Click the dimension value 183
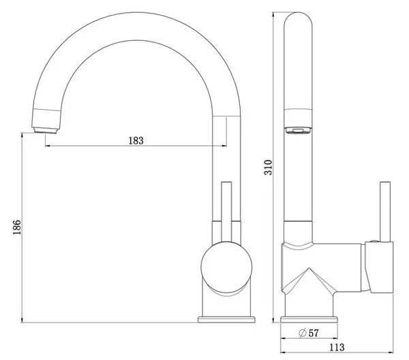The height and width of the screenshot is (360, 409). point(136,140)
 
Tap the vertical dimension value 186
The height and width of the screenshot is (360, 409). point(17,227)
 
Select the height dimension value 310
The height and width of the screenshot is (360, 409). point(268,167)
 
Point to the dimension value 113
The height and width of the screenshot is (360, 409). point(337,348)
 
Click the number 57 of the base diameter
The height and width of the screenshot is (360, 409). point(314,333)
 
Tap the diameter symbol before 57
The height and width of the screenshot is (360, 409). point(303,333)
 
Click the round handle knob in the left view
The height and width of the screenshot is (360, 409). point(226,267)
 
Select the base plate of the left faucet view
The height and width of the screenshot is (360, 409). point(226,320)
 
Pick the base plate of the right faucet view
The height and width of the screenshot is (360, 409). point(309,320)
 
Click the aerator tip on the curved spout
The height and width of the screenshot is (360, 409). point(46,130)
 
